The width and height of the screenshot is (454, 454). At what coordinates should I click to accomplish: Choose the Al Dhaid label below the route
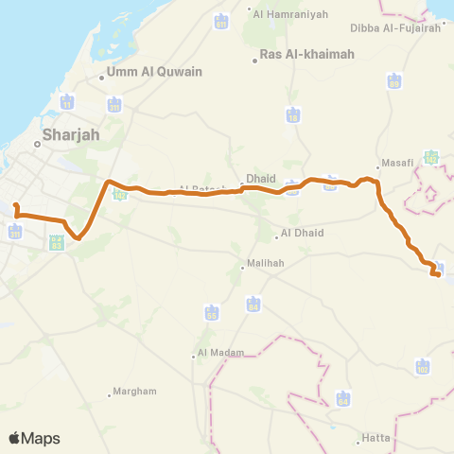pyautogui.click(x=302, y=234)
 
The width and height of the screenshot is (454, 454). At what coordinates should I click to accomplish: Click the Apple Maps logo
pyautogui.click(x=34, y=438)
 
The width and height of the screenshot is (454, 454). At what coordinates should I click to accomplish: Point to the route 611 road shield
pyautogui.click(x=221, y=21)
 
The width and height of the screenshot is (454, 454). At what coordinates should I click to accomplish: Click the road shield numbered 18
pyautogui.click(x=293, y=114)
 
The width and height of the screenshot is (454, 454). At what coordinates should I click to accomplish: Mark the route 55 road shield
pyautogui.click(x=211, y=312)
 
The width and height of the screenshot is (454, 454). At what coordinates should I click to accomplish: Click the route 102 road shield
pyautogui.click(x=422, y=365)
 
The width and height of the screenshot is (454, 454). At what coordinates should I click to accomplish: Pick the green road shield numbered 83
pyautogui.click(x=56, y=245)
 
